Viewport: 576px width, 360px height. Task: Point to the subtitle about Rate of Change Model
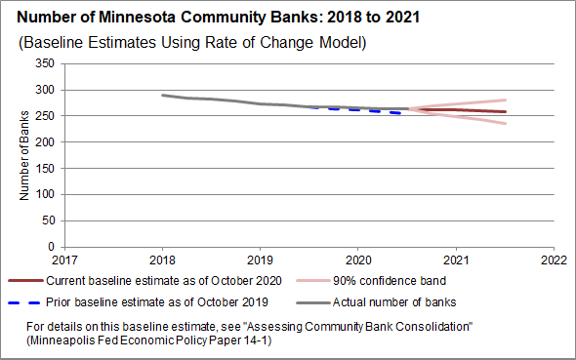tap(192, 43)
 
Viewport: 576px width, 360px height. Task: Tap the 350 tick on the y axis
tap(45, 63)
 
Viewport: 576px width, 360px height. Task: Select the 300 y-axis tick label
tap(45, 90)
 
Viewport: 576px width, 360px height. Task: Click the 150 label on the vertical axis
tap(45, 168)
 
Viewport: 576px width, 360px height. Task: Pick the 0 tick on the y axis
tap(51, 247)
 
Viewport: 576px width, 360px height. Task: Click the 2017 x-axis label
tap(64, 260)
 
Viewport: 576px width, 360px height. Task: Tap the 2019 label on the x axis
tap(260, 260)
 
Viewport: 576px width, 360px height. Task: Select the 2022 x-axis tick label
tap(554, 260)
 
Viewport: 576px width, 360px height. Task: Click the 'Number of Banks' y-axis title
tap(23, 155)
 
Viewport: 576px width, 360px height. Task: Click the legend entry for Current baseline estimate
tap(144, 281)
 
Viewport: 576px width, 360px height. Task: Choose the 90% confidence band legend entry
tap(371, 281)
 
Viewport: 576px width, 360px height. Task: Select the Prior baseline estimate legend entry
tap(138, 302)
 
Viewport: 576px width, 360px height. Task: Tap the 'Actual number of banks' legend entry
tap(376, 302)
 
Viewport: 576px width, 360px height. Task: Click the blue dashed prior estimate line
tap(355, 109)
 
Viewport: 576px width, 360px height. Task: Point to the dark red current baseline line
tap(457, 109)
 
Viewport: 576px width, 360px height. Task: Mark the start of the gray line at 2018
tap(163, 96)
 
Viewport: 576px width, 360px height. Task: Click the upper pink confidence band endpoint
tap(506, 100)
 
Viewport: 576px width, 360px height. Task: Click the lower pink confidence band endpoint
tap(506, 123)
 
